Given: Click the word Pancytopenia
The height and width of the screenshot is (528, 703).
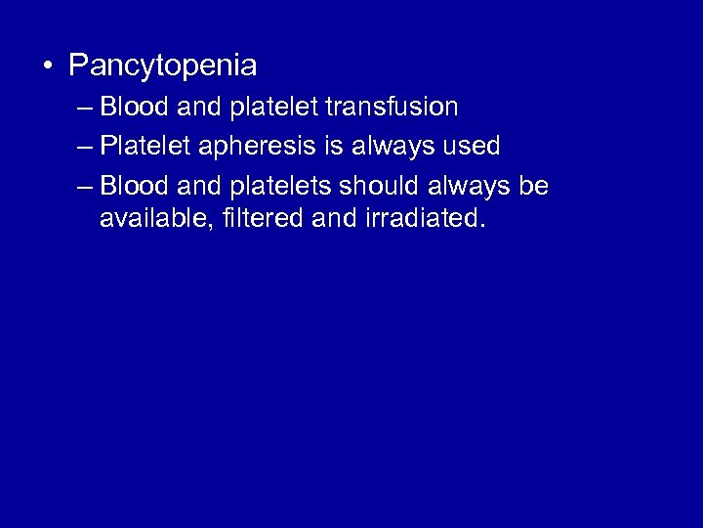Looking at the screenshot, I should tap(162, 66).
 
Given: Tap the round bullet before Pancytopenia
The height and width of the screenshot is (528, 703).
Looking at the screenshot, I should tap(46, 66).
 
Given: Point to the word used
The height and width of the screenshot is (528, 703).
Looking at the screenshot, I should tap(471, 146).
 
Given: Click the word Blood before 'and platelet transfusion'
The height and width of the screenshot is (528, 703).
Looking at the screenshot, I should tap(134, 106).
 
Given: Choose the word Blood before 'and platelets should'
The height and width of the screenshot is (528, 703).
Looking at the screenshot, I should tap(134, 186).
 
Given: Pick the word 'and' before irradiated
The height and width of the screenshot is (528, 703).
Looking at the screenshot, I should tap(336, 219).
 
